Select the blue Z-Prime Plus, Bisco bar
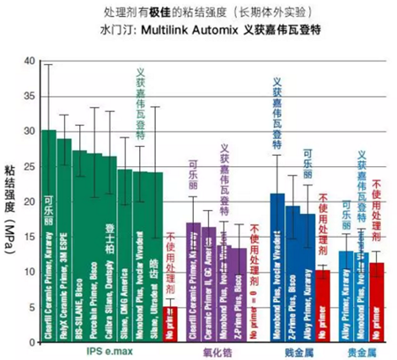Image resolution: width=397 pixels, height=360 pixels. pos(292,274)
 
